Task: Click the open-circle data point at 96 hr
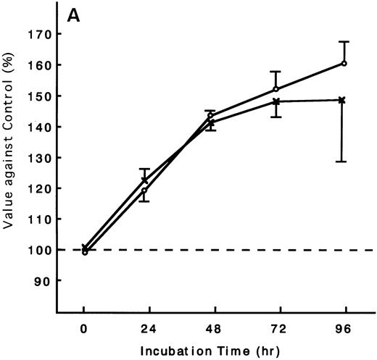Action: [344, 63]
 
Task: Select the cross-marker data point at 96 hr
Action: [341, 100]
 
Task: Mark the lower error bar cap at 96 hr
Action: [341, 162]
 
